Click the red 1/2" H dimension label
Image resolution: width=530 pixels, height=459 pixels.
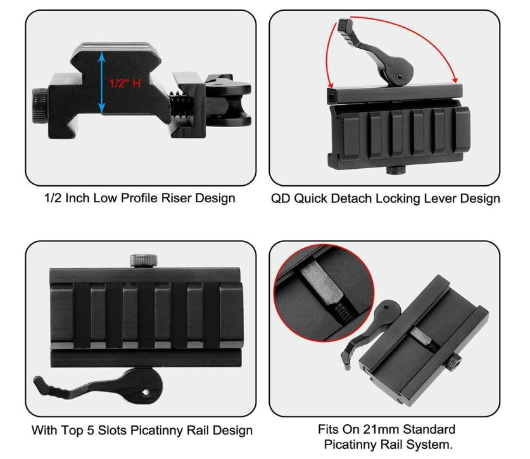click(125, 83)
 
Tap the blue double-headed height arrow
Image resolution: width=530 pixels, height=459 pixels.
click(101, 82)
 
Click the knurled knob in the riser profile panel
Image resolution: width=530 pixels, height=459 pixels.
click(40, 106)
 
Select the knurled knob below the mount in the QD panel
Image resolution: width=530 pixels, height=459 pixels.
click(396, 170)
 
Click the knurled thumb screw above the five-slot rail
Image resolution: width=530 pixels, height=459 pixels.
click(144, 260)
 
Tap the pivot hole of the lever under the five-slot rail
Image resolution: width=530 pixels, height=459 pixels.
click(146, 392)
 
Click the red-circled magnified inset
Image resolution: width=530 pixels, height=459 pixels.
click(324, 293)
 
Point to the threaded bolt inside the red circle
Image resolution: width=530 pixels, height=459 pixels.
click(343, 310)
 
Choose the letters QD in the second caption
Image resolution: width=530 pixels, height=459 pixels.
click(281, 199)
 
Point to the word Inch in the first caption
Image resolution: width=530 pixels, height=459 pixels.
click(78, 198)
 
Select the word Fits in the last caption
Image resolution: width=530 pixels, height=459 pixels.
click(329, 429)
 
